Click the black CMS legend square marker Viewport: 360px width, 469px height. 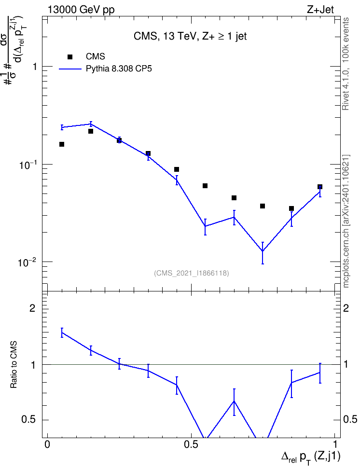coord(70,57)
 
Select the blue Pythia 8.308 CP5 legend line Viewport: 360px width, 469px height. coord(70,69)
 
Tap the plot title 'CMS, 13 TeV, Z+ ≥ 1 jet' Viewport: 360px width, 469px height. coord(190,36)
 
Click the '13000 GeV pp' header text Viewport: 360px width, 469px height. coord(81,10)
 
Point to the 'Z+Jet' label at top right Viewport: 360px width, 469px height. coord(320,10)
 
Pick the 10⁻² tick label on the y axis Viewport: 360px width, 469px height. coord(28,262)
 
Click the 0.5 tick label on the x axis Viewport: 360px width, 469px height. coord(191,444)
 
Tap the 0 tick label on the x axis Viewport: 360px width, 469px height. coord(47,444)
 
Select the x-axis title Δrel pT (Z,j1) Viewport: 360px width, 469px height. coord(310,457)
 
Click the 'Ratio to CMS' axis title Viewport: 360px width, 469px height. coord(14,365)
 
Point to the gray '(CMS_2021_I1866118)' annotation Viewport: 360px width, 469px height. coord(192,273)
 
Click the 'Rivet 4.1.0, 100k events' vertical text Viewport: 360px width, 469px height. coord(346,64)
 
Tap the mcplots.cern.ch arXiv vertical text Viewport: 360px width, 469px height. coord(346,221)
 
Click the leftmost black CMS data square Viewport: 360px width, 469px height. coord(62,144)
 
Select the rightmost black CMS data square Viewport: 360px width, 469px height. coord(320,187)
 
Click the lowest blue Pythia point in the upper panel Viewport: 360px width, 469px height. coord(263,251)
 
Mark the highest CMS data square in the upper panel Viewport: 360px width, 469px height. coord(91,131)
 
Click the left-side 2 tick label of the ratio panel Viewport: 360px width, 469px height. coord(32,308)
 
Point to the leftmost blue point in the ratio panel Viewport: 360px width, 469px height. coord(62,332)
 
